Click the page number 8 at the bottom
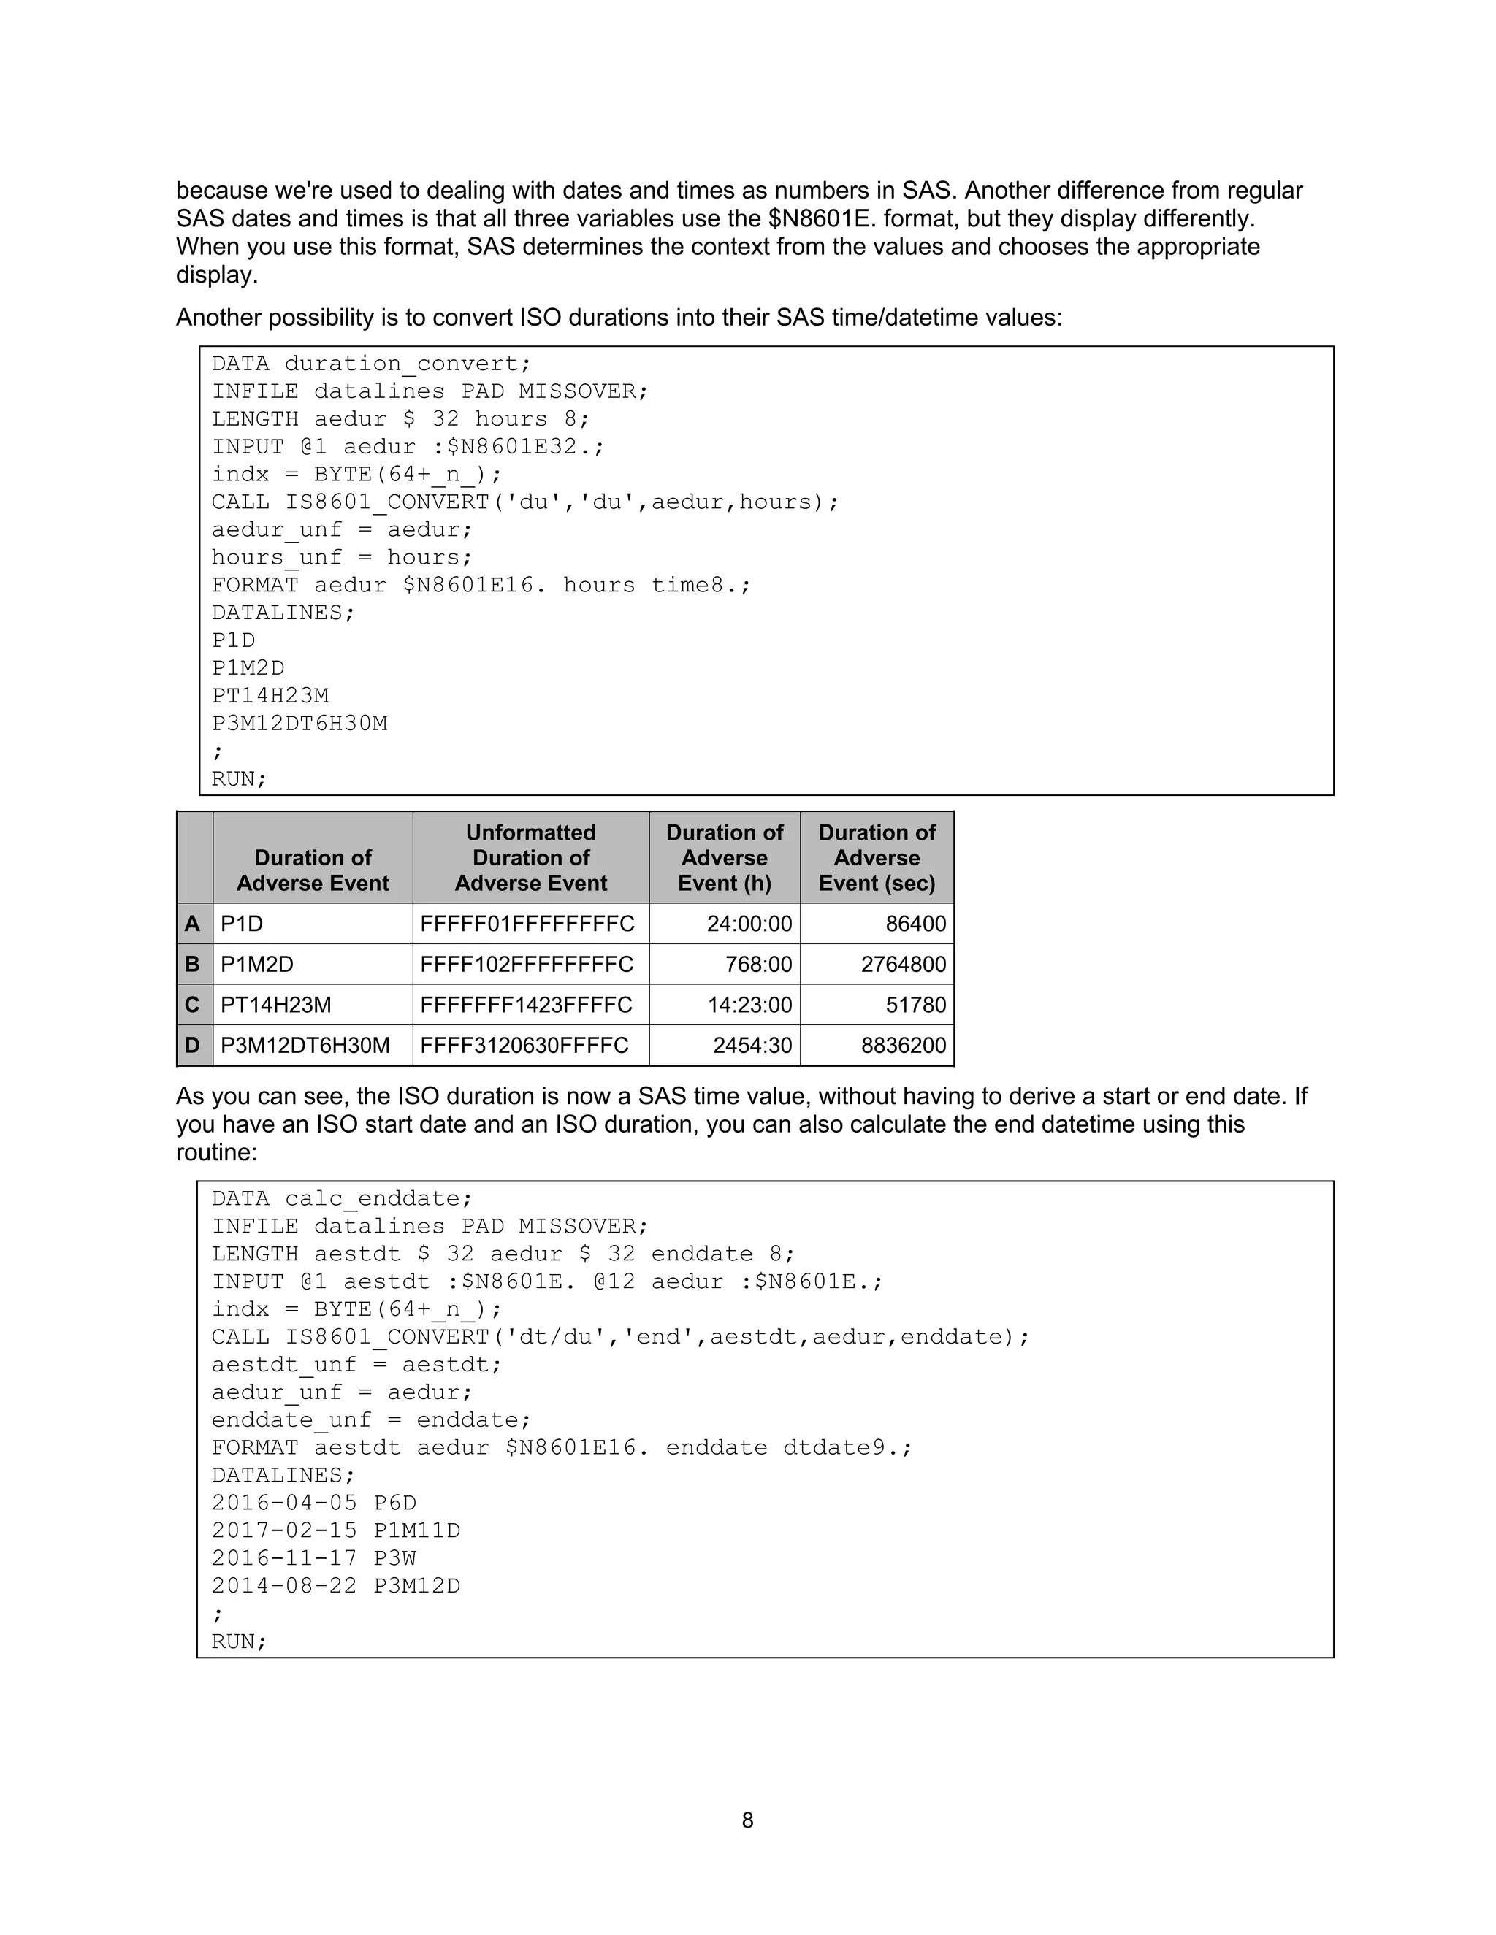[x=747, y=1820]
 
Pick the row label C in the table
[x=192, y=1005]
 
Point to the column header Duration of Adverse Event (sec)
[x=877, y=858]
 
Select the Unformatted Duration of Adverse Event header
[x=530, y=858]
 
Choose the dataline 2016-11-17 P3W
[x=313, y=1558]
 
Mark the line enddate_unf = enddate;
[x=370, y=1420]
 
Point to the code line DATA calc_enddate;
[x=342, y=1199]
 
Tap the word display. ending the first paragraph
[x=216, y=275]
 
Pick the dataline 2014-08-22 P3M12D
[x=336, y=1586]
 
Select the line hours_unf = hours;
[x=342, y=557]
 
